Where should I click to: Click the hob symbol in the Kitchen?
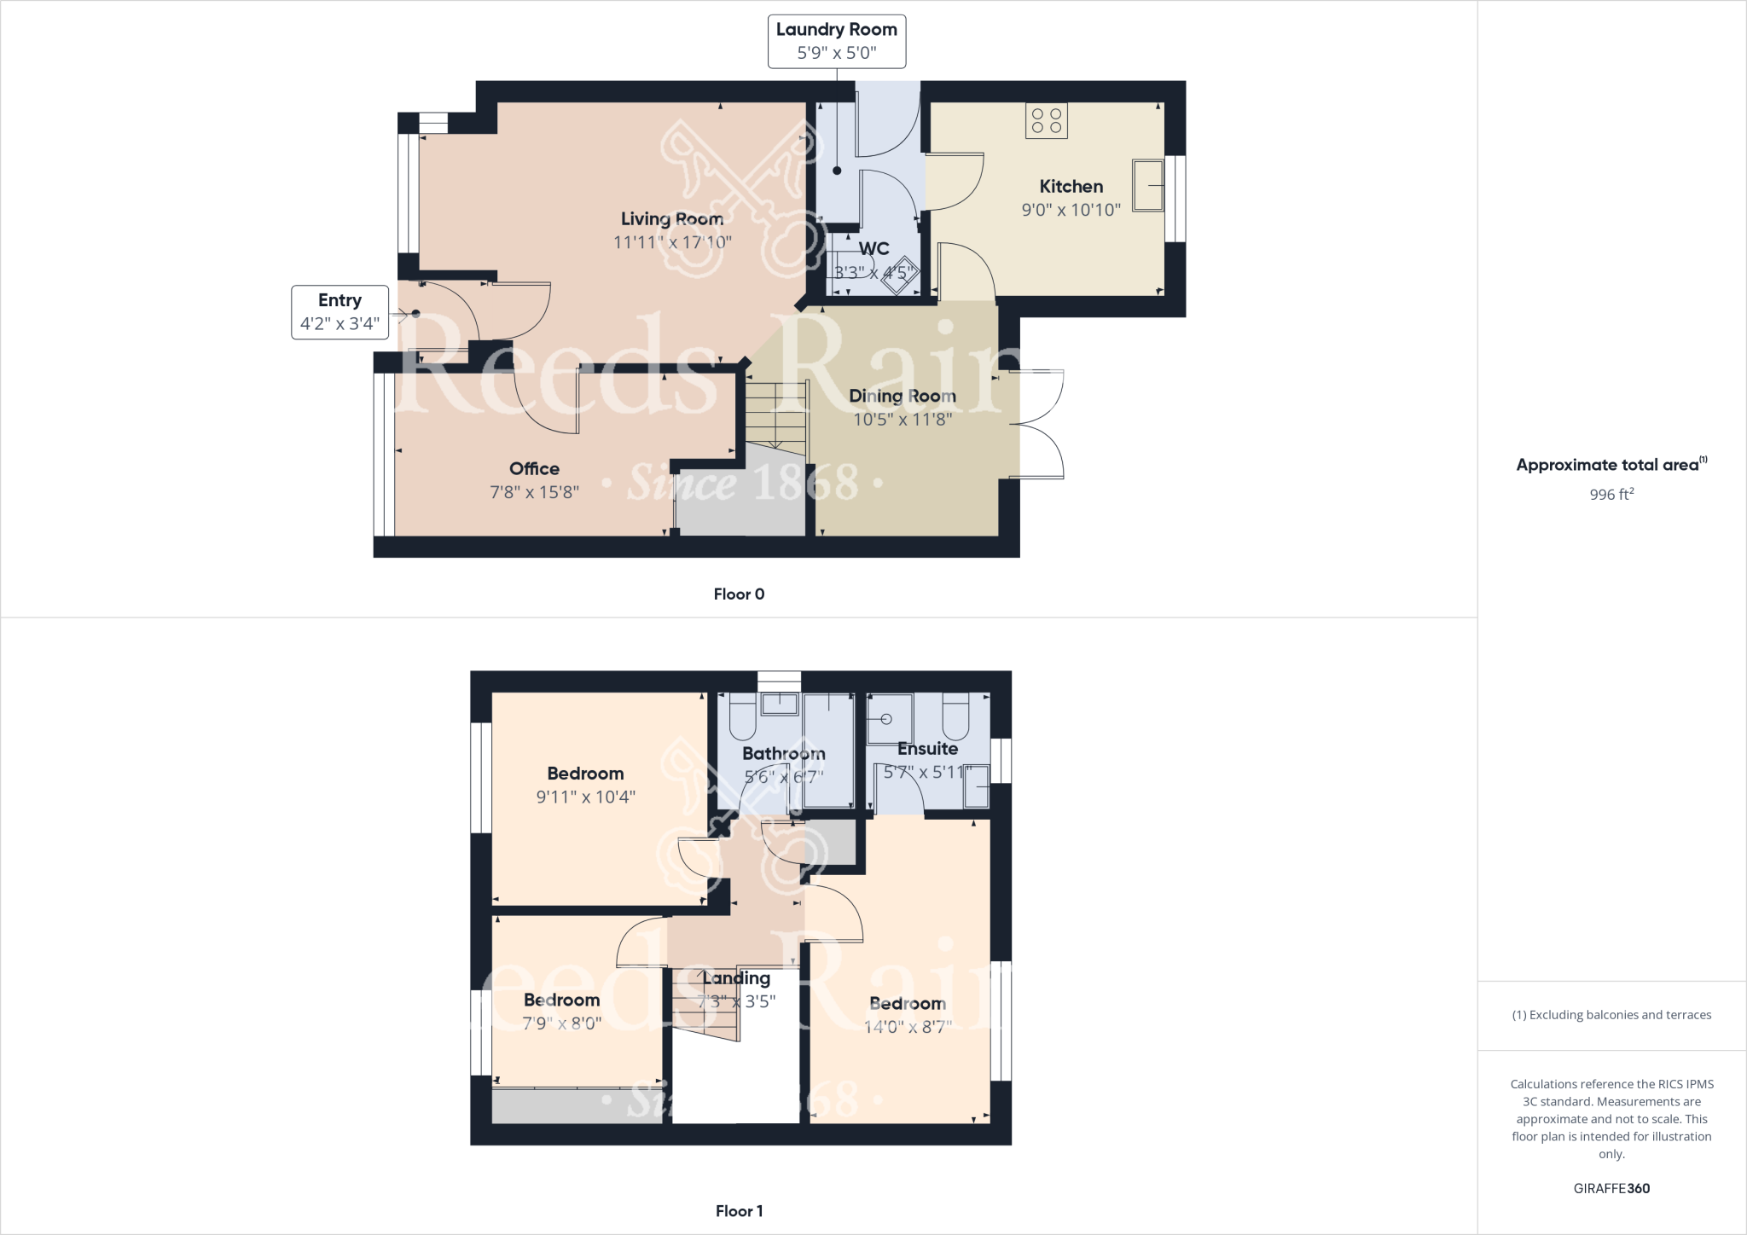pos(1047,120)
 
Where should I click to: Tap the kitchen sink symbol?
pos(1148,185)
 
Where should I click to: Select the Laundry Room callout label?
pos(836,41)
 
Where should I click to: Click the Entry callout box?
pos(340,312)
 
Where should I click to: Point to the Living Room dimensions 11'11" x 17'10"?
pos(672,242)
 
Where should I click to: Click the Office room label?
pos(534,468)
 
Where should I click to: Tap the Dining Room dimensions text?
pos(903,419)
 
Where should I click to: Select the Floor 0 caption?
pos(739,594)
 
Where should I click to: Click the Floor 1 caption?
pos(739,1211)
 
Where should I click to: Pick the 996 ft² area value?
pos(1611,495)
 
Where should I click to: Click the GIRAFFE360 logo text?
pos(1611,1188)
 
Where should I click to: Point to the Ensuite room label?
pos(927,749)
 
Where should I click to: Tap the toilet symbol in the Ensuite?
pos(955,716)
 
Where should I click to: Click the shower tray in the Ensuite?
pos(889,719)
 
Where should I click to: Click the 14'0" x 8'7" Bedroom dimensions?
pos(908,1027)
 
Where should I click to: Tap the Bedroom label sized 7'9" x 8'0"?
pos(561,1000)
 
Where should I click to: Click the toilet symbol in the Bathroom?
pos(742,716)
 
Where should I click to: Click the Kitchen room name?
pos(1071,186)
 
